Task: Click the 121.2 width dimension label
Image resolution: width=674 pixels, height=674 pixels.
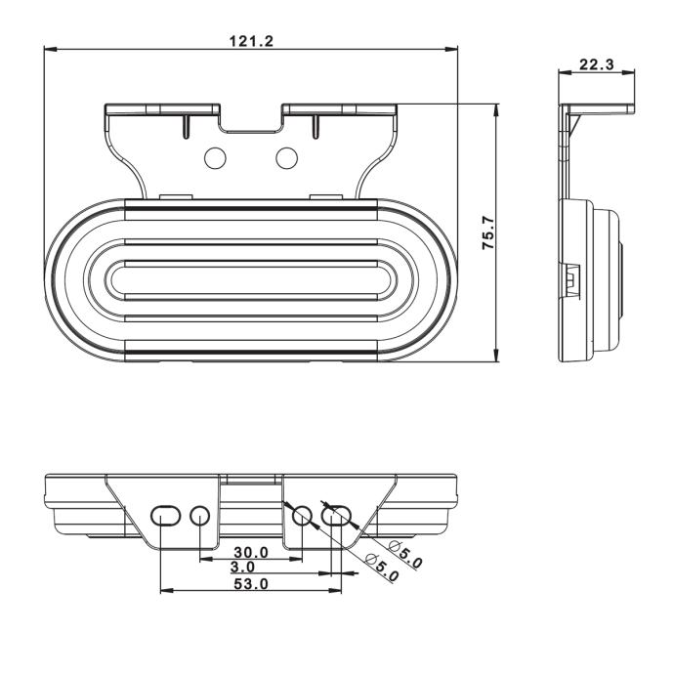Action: pyautogui.click(x=251, y=41)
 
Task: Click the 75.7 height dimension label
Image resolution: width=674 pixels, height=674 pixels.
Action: pyautogui.click(x=488, y=233)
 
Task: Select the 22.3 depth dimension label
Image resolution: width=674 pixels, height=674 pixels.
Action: pyautogui.click(x=597, y=64)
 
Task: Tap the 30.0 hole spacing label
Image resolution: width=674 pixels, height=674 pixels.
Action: pyautogui.click(x=251, y=552)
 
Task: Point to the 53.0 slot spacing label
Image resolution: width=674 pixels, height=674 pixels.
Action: pyautogui.click(x=251, y=584)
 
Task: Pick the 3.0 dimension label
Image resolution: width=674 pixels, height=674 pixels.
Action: pyautogui.click(x=242, y=568)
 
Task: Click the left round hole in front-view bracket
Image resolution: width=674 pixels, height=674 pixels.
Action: pyautogui.click(x=215, y=158)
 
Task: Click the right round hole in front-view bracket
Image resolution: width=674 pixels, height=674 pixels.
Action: pyautogui.click(x=287, y=158)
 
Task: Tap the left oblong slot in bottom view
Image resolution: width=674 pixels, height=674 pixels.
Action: pyautogui.click(x=165, y=516)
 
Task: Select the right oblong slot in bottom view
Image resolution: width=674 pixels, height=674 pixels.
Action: pyautogui.click(x=337, y=516)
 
